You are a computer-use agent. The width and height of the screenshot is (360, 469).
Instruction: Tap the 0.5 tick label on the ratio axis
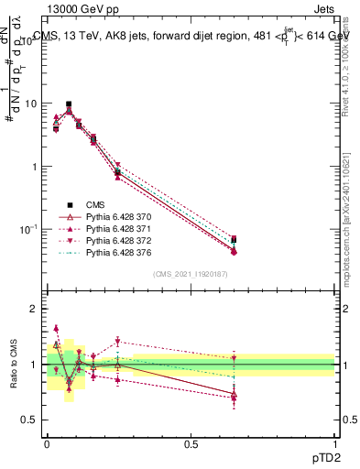click(x=29, y=420)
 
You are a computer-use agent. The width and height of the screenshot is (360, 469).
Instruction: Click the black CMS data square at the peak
click(x=69, y=104)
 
